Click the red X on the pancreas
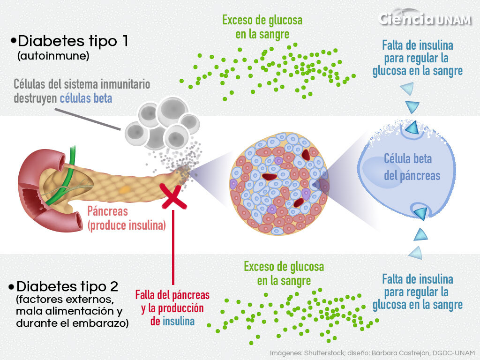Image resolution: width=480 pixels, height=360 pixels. (173, 196)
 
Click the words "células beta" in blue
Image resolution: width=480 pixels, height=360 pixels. (86, 98)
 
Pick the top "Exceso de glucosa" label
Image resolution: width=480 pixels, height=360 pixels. (262, 27)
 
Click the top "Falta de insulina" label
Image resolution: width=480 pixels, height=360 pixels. (417, 58)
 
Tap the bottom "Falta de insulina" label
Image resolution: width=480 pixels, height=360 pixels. (417, 292)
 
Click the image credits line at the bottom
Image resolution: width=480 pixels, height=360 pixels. (373, 352)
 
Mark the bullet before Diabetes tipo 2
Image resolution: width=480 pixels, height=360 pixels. (12, 286)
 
